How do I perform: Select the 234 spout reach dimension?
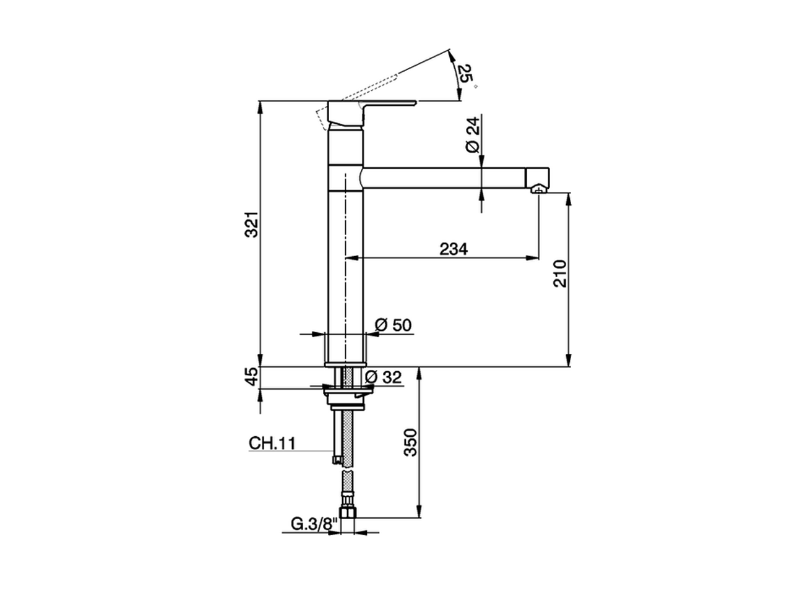tap(454, 249)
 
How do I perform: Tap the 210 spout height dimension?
tap(560, 273)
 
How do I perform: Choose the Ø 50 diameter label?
tap(394, 325)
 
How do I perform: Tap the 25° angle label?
tap(465, 74)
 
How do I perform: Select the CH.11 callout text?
tap(272, 443)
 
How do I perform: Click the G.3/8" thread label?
tap(314, 524)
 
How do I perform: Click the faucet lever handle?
tap(371, 105)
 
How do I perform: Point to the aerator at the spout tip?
tap(539, 189)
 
